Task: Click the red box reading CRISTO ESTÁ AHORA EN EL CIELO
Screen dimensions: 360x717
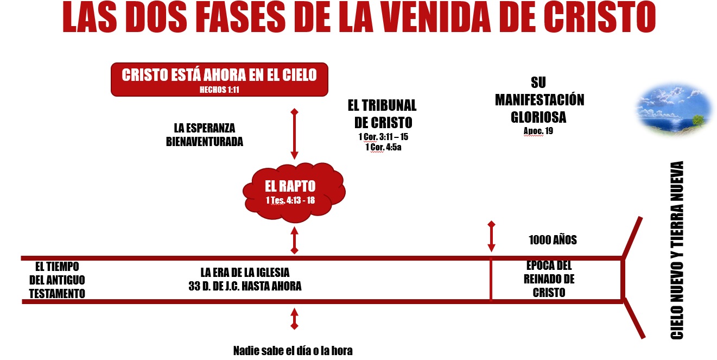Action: (x=219, y=79)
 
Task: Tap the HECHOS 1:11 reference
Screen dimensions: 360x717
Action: (x=219, y=90)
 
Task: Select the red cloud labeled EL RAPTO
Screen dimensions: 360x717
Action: (x=293, y=191)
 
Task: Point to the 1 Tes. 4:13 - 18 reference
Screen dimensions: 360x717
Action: (x=290, y=200)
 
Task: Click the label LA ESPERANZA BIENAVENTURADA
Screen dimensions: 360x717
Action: (x=205, y=135)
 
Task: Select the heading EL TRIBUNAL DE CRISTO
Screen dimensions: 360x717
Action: (x=382, y=113)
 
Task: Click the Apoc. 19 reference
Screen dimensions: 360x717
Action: (x=538, y=131)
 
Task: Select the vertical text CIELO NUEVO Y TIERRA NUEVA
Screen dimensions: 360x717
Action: (x=676, y=250)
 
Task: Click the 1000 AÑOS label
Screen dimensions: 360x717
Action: (x=552, y=240)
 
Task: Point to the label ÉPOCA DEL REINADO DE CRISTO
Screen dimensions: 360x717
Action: (x=549, y=279)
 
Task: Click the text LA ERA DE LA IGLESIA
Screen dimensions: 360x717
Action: (x=245, y=272)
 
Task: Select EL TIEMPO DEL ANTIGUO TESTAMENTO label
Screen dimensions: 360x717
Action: (x=57, y=280)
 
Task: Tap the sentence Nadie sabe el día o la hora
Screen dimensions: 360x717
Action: (x=293, y=350)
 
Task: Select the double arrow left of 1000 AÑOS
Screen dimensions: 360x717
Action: (x=491, y=237)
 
